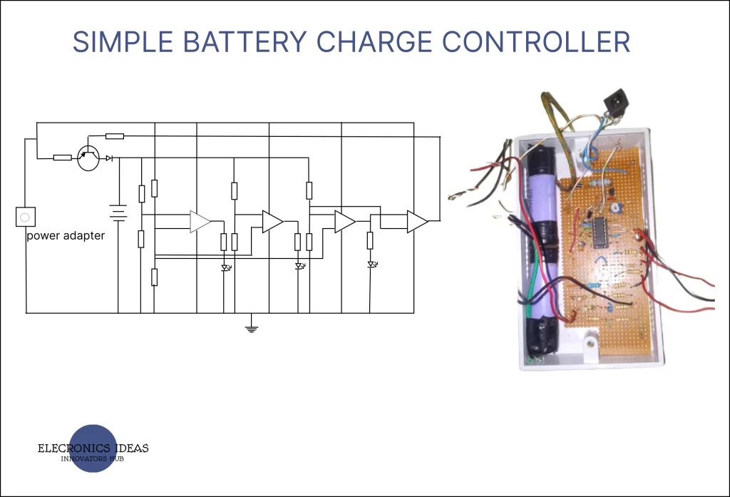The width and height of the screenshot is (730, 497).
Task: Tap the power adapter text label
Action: point(66,236)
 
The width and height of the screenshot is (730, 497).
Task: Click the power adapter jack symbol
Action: point(26,216)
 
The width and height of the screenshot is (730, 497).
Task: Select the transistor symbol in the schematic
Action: point(88,158)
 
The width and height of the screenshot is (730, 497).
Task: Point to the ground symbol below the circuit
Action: point(251,328)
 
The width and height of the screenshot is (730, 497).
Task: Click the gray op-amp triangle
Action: point(200,222)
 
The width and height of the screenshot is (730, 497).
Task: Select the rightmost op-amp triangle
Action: point(417,222)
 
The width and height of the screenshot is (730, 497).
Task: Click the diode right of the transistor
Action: point(109,158)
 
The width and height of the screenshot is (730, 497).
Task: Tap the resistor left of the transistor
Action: point(62,158)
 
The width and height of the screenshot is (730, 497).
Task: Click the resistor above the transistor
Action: point(114,135)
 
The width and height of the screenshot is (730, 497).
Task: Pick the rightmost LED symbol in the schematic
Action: point(371,265)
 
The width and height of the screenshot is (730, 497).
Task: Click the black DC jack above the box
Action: point(612,106)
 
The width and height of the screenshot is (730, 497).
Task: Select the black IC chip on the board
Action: point(598,232)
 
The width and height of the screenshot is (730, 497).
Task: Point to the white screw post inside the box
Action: point(589,345)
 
